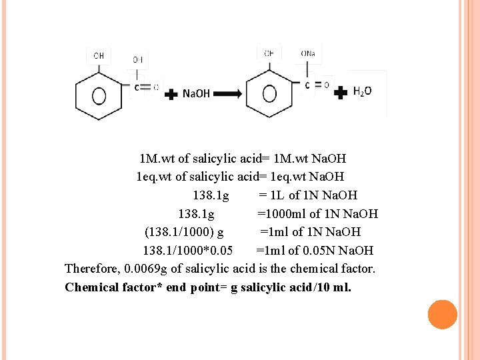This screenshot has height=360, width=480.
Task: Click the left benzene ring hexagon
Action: [x=99, y=95]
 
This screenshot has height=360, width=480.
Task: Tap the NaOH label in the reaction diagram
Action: [x=196, y=94]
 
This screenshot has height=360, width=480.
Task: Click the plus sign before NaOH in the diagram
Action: [x=171, y=94]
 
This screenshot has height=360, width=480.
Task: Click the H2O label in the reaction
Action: [x=363, y=91]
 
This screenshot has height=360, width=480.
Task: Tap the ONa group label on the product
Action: [x=309, y=53]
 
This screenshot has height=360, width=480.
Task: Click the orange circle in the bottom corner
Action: [x=442, y=315]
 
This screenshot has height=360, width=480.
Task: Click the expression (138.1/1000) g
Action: [x=184, y=232]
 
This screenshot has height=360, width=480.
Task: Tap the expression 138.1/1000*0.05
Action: [x=188, y=251]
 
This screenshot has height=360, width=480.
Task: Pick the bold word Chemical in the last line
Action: [x=91, y=287]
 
